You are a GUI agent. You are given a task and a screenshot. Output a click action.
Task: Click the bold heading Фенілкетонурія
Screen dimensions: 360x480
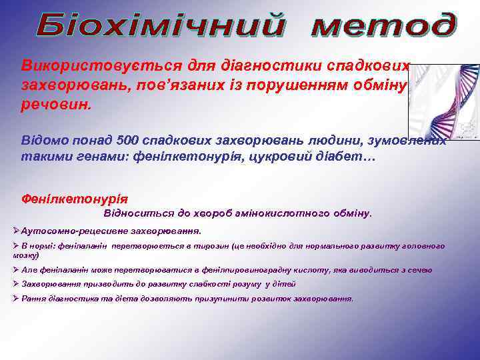click(x=75, y=199)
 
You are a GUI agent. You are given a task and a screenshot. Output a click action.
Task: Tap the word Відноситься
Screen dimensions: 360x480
click(x=137, y=214)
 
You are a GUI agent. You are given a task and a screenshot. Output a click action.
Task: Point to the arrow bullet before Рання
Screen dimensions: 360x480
click(x=16, y=298)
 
